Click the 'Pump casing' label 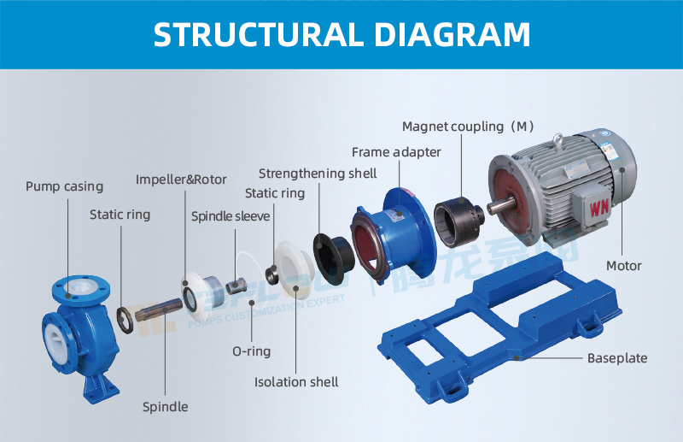[64, 186]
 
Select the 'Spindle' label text [165, 407]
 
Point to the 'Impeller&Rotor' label [182, 180]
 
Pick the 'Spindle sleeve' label [231, 216]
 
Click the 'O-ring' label [251, 351]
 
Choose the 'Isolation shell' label [296, 381]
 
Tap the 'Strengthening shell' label [318, 174]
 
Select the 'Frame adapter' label [396, 152]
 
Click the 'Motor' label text [623, 266]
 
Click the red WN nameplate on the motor [597, 206]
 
